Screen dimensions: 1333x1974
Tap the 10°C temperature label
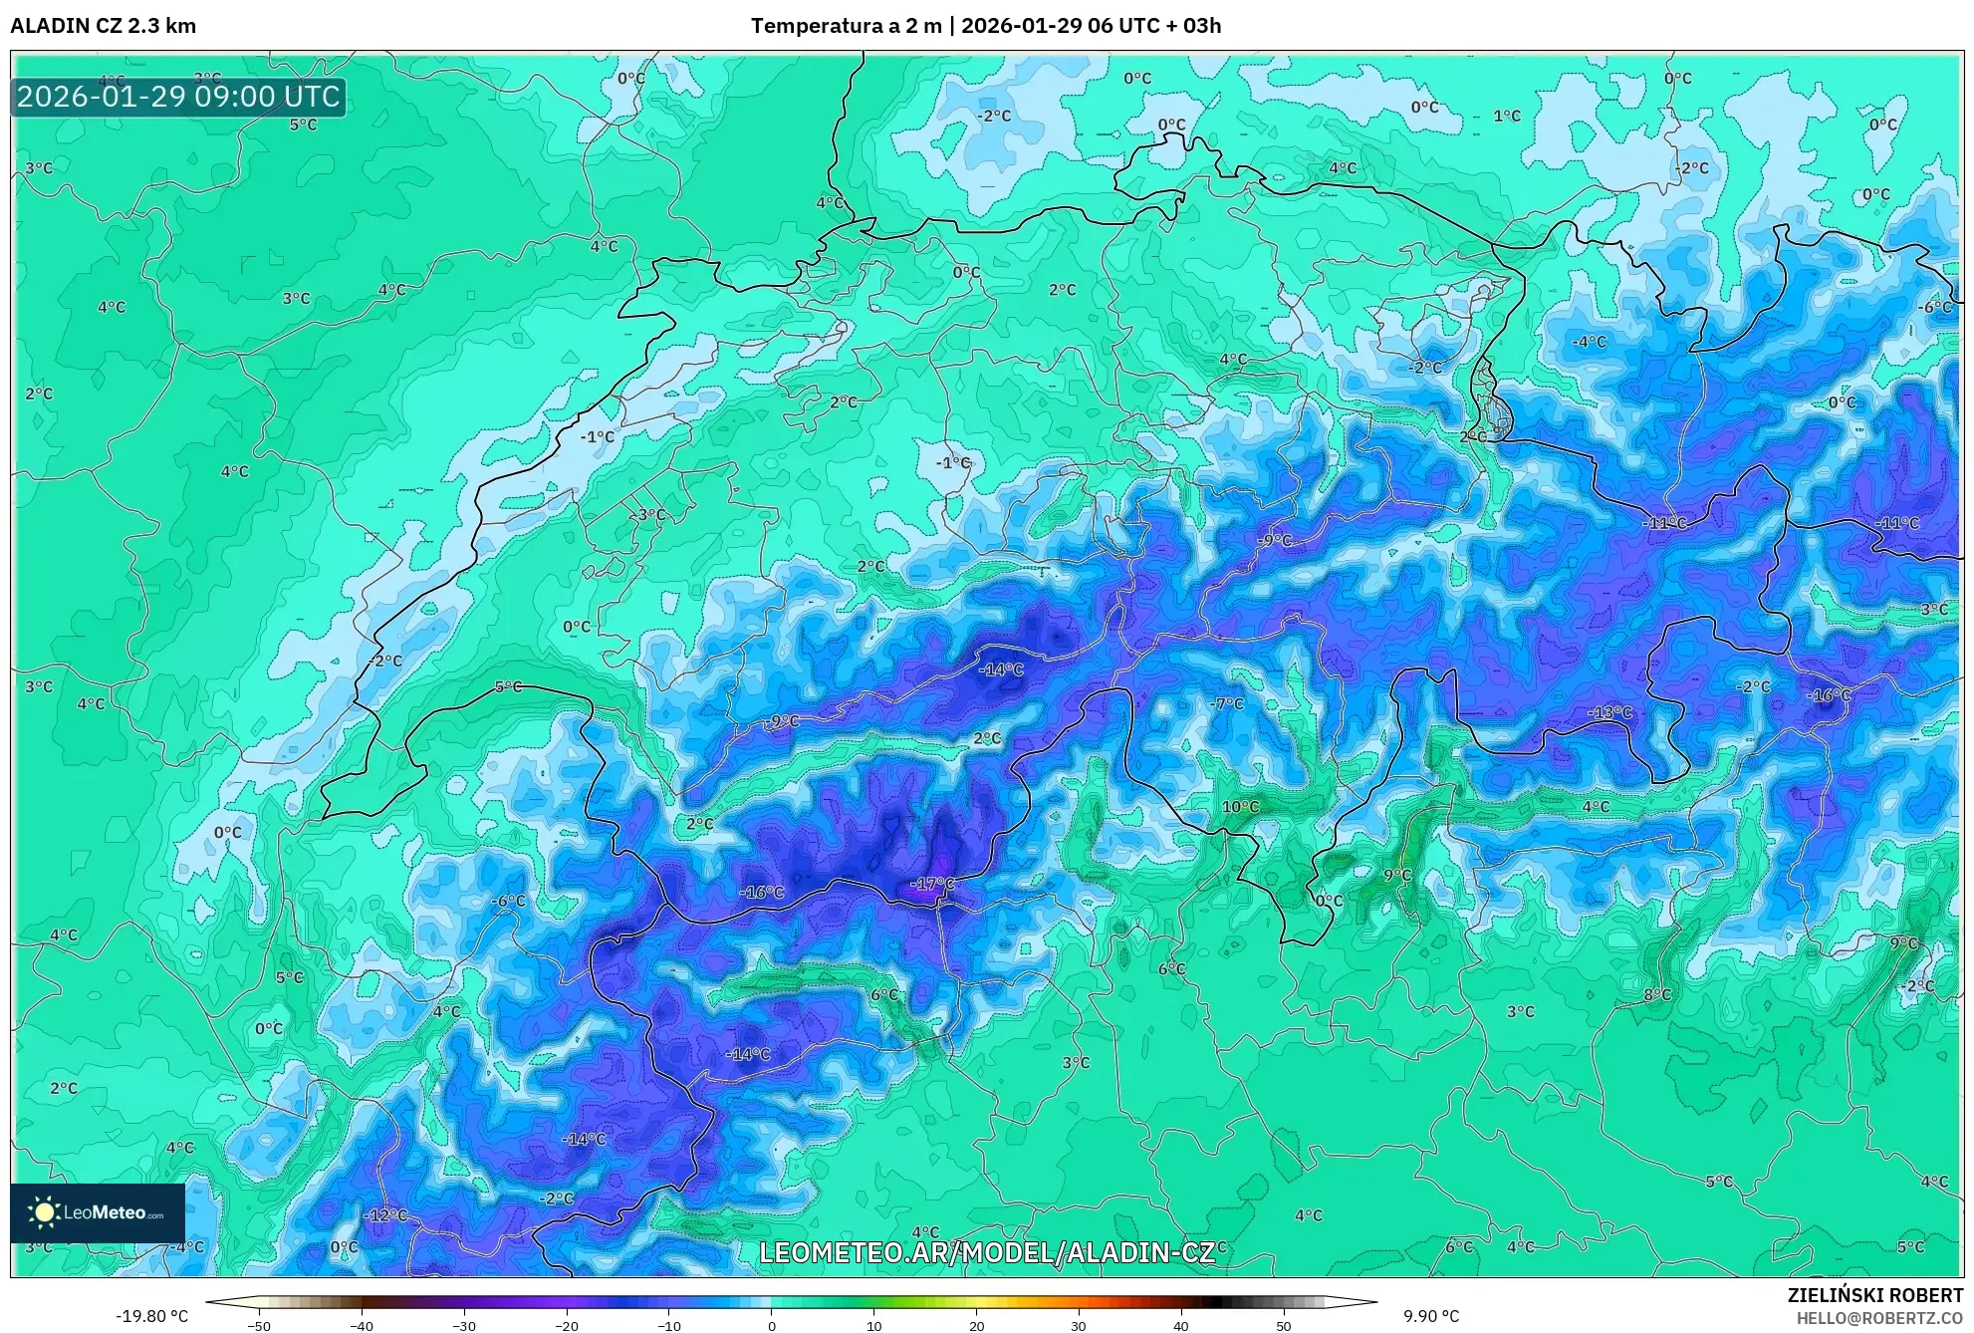1240,807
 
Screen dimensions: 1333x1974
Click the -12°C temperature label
385,1215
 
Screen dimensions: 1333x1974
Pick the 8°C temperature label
1657,994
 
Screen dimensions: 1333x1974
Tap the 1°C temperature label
1507,116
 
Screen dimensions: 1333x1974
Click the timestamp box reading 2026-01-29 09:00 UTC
178,97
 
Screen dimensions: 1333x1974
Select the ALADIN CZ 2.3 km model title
104,26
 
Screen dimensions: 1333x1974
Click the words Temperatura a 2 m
846,26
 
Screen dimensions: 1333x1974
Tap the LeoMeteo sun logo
44,1212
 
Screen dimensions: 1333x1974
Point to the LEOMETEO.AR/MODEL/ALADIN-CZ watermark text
986,1252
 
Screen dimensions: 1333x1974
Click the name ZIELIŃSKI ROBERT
1875,1296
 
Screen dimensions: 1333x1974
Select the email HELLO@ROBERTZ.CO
1879,1317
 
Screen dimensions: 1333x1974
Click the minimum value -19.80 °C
151,1316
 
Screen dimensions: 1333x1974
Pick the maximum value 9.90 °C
1431,1316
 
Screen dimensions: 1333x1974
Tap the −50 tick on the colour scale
258,1326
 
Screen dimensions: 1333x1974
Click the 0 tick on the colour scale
771,1326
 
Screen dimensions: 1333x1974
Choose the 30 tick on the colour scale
1079,1326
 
